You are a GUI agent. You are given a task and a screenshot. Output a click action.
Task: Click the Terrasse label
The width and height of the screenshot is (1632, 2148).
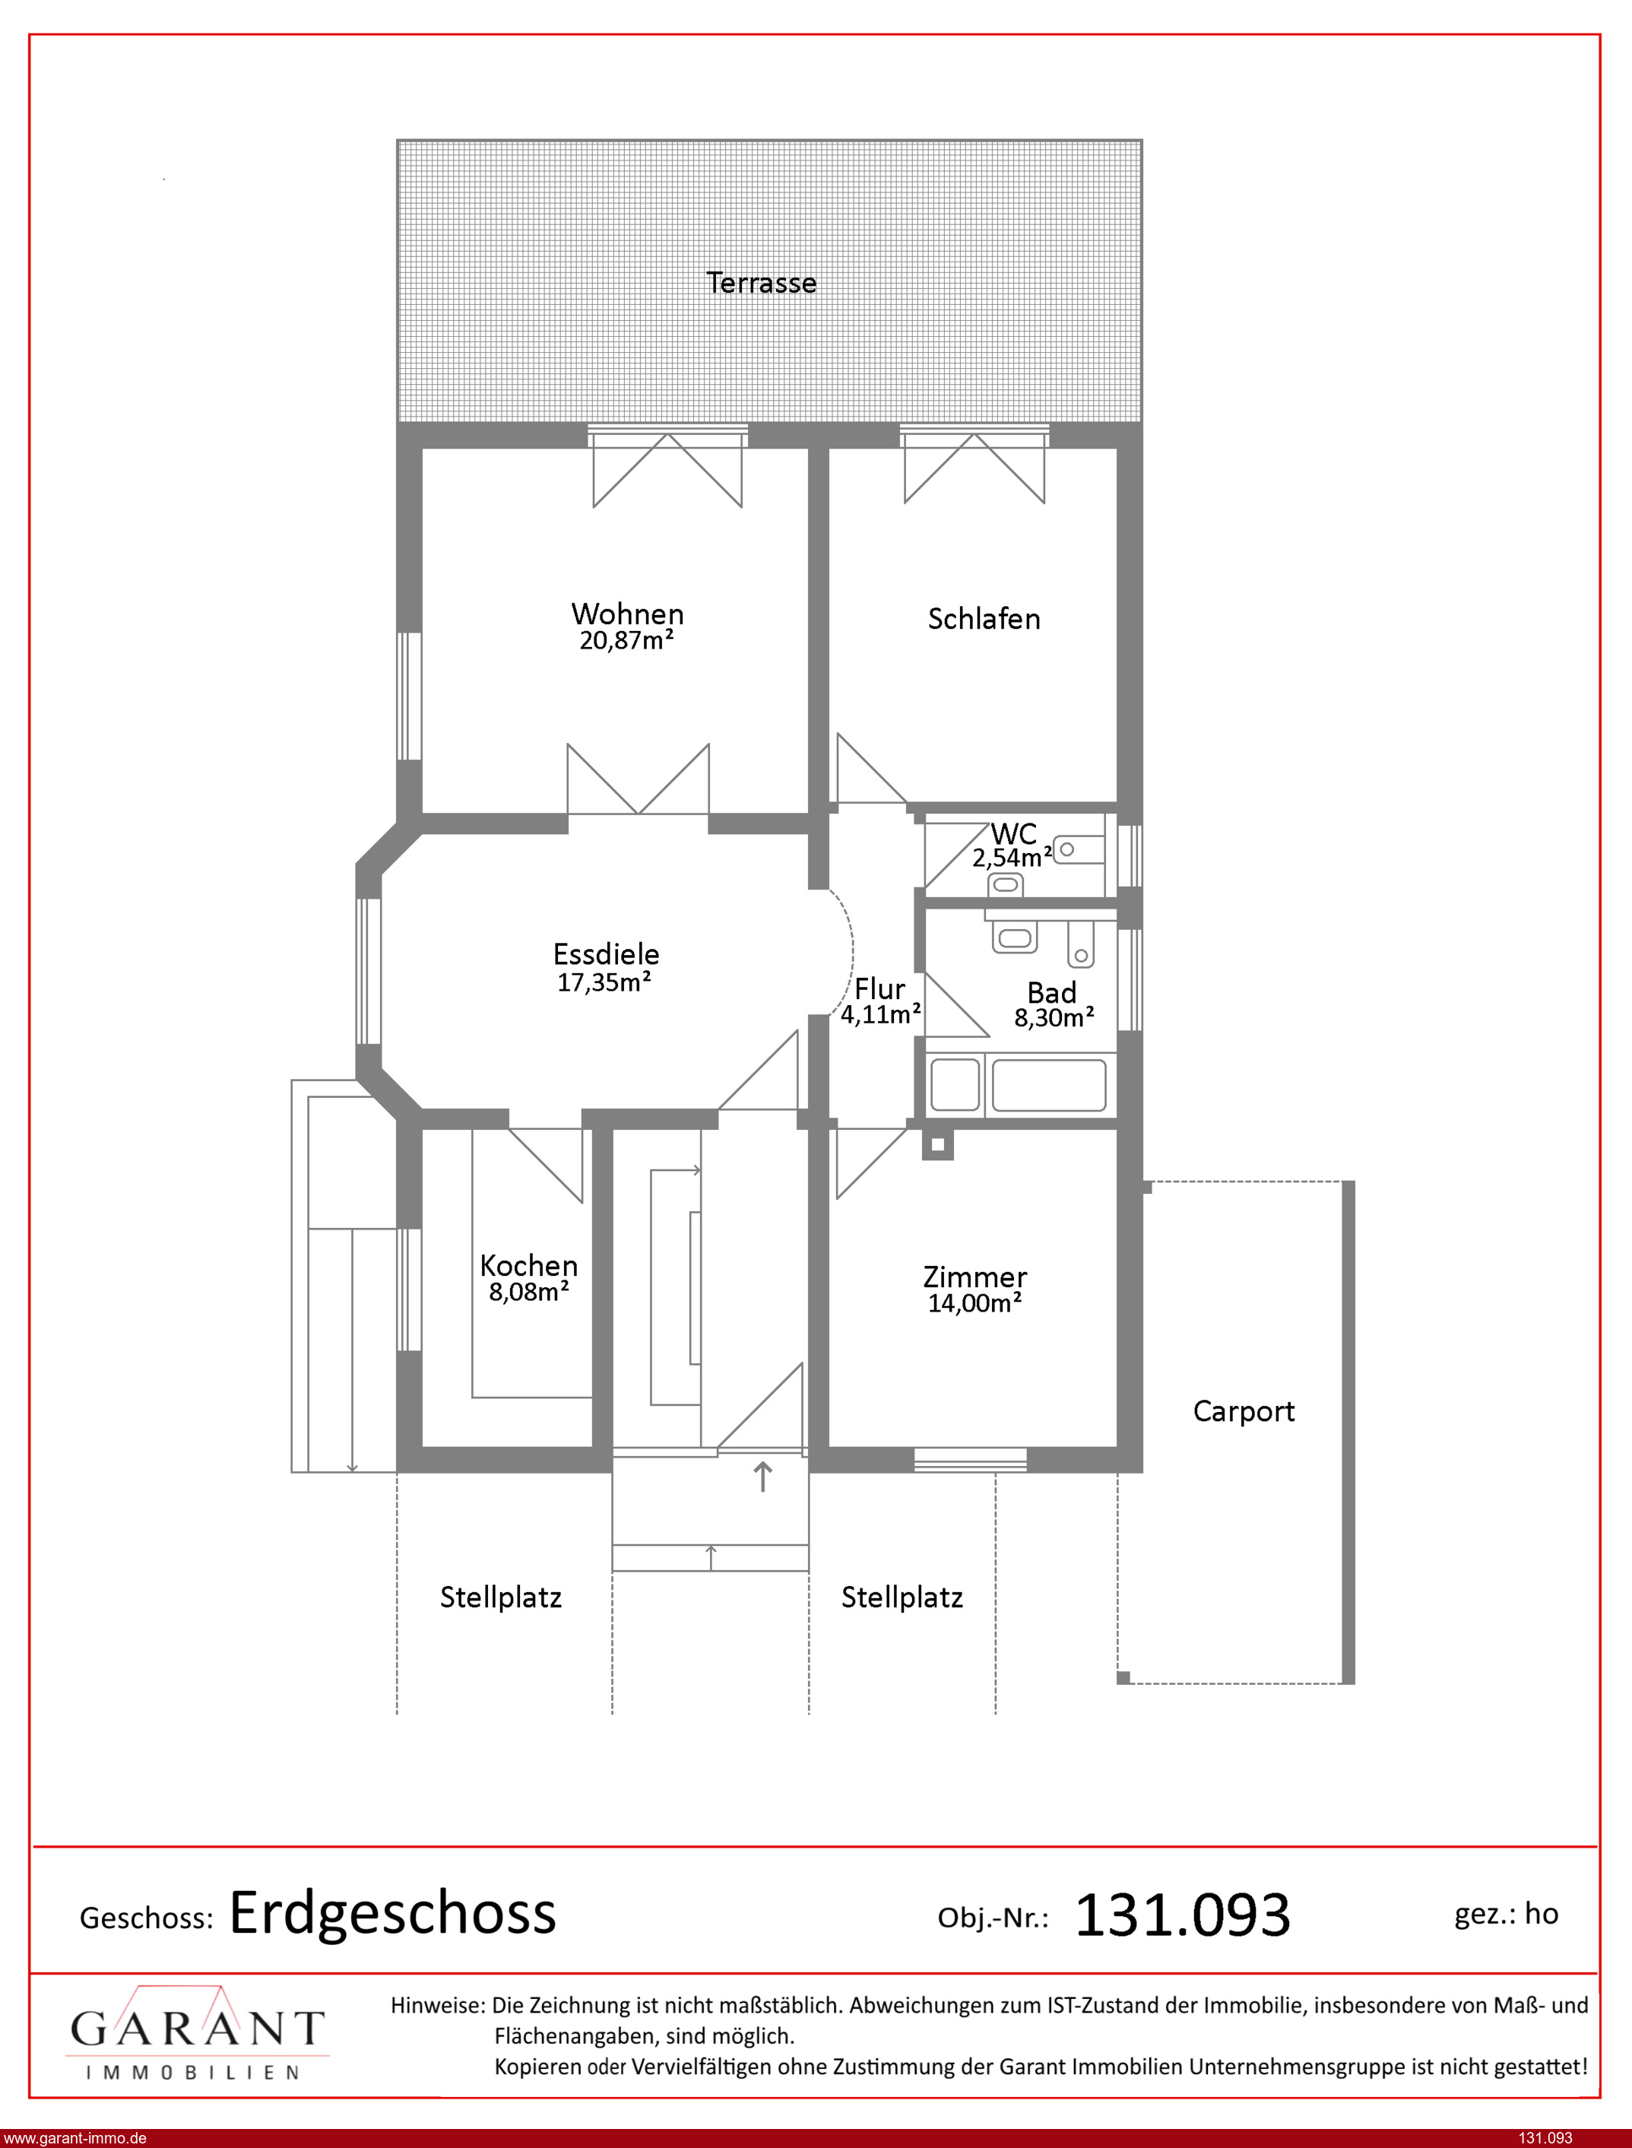(x=761, y=283)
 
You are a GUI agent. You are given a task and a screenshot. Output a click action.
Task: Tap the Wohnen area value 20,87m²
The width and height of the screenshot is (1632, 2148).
(x=626, y=640)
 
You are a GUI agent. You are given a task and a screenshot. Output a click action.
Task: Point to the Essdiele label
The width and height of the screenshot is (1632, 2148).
(x=606, y=954)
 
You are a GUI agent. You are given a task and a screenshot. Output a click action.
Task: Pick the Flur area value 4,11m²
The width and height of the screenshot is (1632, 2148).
(x=881, y=1014)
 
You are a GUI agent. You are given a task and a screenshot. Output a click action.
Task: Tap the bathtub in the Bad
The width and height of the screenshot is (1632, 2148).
(x=1048, y=1084)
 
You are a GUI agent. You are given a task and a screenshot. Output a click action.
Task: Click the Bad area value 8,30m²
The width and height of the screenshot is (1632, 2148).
(x=1054, y=1017)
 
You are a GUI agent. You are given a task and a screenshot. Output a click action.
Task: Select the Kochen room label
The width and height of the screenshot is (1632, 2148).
(x=528, y=1266)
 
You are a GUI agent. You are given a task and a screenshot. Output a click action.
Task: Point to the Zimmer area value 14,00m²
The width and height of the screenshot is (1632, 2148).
(x=974, y=1302)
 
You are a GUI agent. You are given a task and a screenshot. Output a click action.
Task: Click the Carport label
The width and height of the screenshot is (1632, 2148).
(x=1244, y=1412)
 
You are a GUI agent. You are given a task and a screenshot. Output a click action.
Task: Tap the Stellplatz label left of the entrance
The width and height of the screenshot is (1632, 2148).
(x=500, y=1598)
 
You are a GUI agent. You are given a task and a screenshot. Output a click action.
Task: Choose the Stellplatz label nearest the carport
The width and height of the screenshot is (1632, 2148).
(x=902, y=1598)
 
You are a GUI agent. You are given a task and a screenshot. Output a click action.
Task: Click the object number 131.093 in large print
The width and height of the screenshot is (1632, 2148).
(x=1182, y=1915)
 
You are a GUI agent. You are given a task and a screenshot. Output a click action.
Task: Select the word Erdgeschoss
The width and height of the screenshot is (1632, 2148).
(x=392, y=1915)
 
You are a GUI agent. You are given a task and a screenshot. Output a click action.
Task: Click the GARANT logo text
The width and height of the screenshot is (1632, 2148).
(x=197, y=2028)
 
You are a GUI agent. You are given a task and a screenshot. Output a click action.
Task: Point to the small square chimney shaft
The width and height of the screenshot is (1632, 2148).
(x=937, y=1144)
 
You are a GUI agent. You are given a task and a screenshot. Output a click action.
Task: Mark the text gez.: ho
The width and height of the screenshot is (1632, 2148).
(x=1506, y=1914)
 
